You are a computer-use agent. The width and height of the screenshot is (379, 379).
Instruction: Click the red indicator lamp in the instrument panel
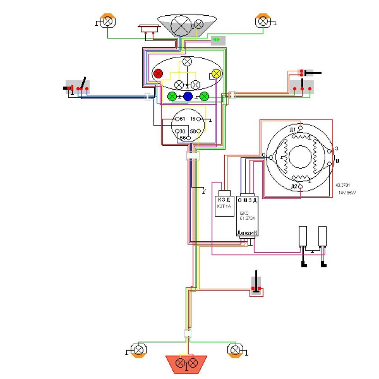[x=158, y=74]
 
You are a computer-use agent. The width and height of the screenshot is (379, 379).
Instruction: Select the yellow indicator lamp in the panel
[x=216, y=74]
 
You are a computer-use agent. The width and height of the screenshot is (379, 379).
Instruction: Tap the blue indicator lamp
[x=188, y=96]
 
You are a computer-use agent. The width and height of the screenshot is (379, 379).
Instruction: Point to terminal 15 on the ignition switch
[x=199, y=119]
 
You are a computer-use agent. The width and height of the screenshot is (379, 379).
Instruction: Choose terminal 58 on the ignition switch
[x=199, y=131]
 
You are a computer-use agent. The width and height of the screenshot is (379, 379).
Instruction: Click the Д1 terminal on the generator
[x=301, y=128]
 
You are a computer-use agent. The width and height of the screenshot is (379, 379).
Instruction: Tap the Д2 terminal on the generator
[x=301, y=186]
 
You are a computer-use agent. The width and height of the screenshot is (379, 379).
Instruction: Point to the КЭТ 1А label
[x=224, y=206]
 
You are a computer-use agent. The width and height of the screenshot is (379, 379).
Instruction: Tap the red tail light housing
[x=186, y=362]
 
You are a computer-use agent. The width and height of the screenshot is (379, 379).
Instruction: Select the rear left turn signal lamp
[x=139, y=350]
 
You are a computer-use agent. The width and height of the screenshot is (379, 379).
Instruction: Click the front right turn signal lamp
[x=262, y=21]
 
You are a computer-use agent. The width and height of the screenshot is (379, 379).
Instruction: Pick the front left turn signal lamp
[x=108, y=21]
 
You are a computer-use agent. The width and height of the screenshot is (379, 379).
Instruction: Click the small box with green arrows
[x=217, y=40]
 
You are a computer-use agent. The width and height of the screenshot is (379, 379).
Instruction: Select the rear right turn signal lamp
[x=235, y=350]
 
